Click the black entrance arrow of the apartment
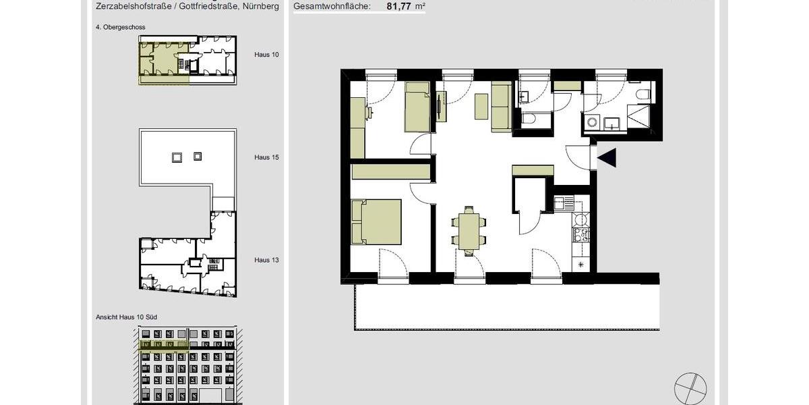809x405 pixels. tap(607, 158)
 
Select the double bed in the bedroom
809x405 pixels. tap(377, 221)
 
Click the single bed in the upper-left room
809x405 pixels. tap(417, 107)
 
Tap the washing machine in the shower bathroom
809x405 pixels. tap(591, 123)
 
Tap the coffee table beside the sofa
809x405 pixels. tap(481, 107)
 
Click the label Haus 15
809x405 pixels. tap(266, 157)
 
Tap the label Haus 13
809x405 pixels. tap(266, 260)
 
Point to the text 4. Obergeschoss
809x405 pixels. tap(121, 27)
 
